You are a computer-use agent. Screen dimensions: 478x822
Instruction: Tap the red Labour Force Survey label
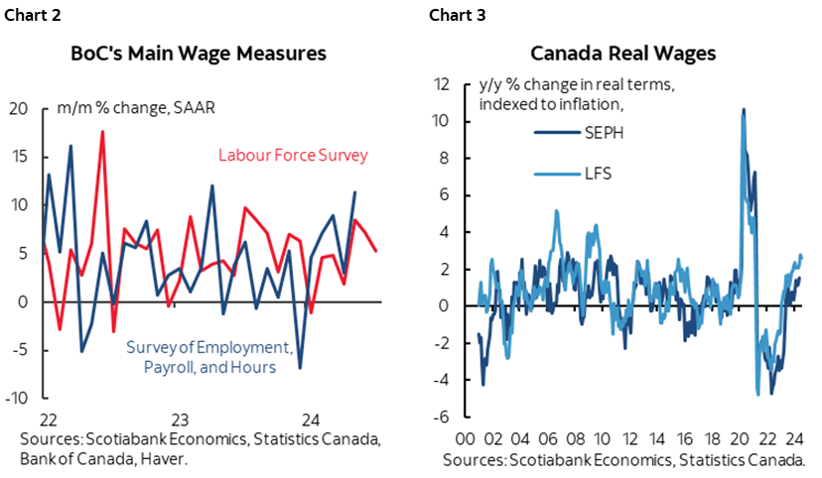pyautogui.click(x=293, y=155)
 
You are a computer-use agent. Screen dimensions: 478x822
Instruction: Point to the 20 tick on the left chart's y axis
pyautogui.click(x=19, y=108)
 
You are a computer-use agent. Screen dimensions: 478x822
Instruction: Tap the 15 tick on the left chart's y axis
pyautogui.click(x=19, y=157)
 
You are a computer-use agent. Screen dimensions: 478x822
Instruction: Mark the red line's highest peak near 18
pyautogui.click(x=102, y=131)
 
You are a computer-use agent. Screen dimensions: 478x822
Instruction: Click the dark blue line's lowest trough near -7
pyautogui.click(x=300, y=368)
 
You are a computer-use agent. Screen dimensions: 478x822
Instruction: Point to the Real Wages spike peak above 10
pyautogui.click(x=744, y=110)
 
